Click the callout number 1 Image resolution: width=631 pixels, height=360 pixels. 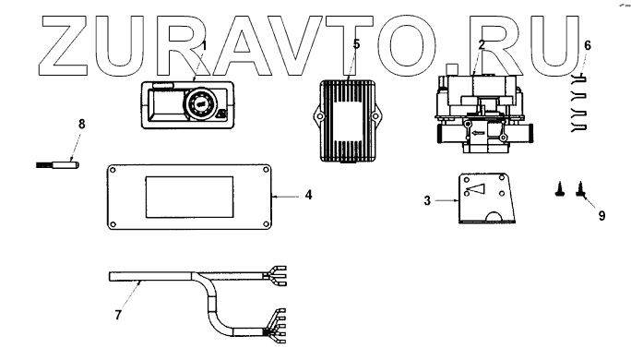204,45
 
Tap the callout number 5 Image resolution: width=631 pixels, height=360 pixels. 356,44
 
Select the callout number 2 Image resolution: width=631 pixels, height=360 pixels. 482,44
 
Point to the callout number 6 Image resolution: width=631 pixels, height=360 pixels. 588,45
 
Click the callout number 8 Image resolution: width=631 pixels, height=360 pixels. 82,124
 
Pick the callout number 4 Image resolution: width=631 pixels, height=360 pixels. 308,195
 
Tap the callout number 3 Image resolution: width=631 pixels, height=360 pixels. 427,200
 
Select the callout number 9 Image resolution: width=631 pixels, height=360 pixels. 601,215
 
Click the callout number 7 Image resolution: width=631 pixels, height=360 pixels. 118,315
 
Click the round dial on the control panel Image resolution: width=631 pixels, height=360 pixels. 198,103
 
